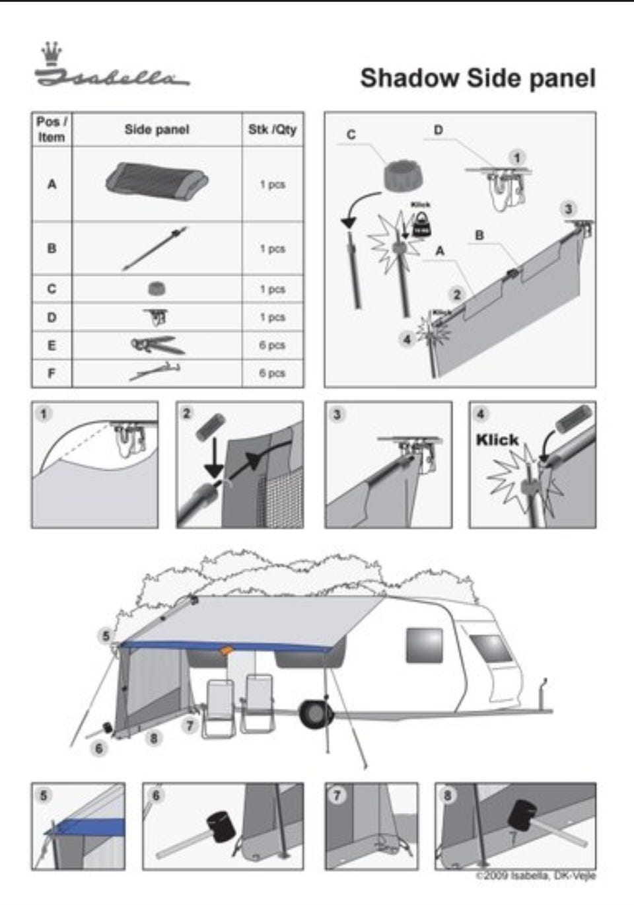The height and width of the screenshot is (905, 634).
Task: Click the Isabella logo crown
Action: click(x=50, y=53)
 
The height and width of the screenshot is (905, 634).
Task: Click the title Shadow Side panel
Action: click(x=477, y=78)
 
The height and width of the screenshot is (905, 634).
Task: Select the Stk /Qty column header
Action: click(x=272, y=129)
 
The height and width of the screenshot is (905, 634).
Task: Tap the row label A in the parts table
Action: click(x=52, y=184)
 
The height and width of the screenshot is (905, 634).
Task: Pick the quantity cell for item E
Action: click(x=272, y=345)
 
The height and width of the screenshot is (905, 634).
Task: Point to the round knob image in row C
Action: click(x=157, y=289)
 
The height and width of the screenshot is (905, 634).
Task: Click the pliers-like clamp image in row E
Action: click(x=157, y=345)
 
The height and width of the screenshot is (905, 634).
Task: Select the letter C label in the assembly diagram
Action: click(x=351, y=135)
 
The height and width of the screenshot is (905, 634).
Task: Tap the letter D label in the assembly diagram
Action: click(x=438, y=130)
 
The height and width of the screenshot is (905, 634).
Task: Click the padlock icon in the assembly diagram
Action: click(x=421, y=227)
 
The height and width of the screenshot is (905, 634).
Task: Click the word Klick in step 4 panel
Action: click(x=497, y=440)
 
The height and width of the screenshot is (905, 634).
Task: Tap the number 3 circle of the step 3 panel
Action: click(x=337, y=415)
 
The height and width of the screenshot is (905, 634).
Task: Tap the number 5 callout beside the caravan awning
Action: click(x=105, y=636)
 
